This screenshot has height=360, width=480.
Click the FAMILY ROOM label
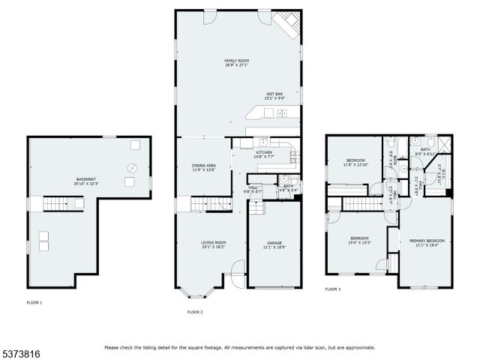pos(236,62)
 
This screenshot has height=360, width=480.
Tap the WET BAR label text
pos(273,96)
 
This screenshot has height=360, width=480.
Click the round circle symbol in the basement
pos(133,168)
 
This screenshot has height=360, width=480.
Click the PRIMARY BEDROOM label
pos(427,242)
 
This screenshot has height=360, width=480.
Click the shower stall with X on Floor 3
pos(442,143)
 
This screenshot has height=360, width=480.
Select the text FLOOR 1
pos(34,302)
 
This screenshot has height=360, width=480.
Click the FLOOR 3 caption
pos(332,289)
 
